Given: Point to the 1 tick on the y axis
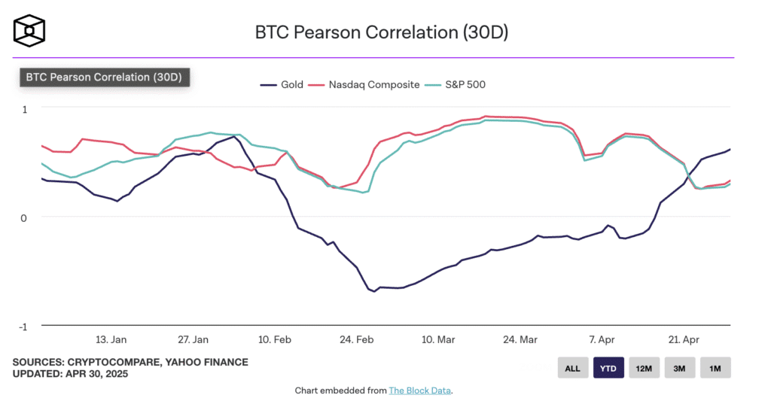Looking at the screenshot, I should [x=24, y=108].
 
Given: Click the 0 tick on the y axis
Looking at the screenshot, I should [x=24, y=217].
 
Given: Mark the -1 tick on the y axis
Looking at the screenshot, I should [x=23, y=327].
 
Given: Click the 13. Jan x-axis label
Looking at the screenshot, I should [x=111, y=339].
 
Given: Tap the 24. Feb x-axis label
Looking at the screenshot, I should [x=357, y=339].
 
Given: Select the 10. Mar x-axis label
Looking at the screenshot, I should [x=438, y=339].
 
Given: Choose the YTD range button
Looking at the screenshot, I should [x=608, y=368].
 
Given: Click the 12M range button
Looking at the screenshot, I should [x=644, y=368].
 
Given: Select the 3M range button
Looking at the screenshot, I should [x=679, y=368].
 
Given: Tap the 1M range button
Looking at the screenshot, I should [x=715, y=368].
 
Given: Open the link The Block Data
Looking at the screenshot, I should [x=420, y=390].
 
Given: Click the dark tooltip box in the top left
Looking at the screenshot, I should [x=105, y=77].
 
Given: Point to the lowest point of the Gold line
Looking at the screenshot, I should [x=374, y=291].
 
